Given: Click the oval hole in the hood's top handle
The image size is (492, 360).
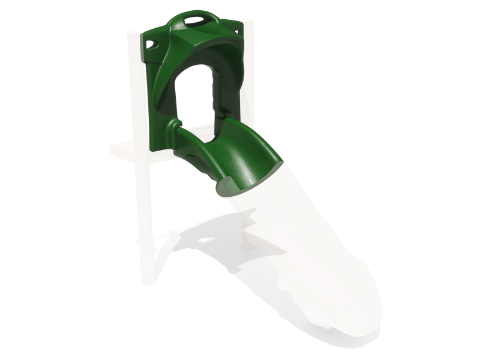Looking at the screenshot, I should [194, 20].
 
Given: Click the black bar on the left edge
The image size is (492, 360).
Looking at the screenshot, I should [33, 180].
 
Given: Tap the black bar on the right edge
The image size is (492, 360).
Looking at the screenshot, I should [459, 180].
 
